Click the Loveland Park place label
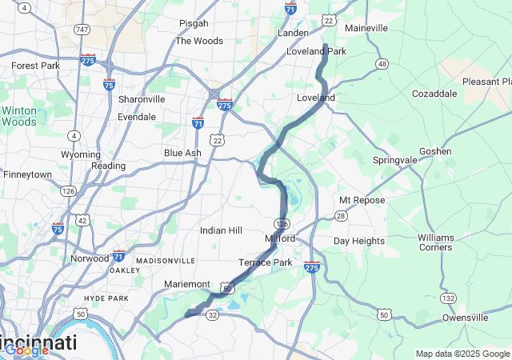tap(316, 51)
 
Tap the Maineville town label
tap(366, 28)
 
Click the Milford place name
tap(280, 238)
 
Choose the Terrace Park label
tap(265, 262)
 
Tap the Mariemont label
tap(186, 284)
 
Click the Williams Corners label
tap(434, 242)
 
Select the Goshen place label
tap(434, 151)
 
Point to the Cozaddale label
tap(434, 94)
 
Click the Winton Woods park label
tap(18, 116)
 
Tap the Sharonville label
tap(142, 99)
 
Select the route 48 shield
tap(382, 64)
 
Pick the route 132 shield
tap(449, 298)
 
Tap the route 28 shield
tap(341, 216)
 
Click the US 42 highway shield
tap(82, 219)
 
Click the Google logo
tap(26, 350)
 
